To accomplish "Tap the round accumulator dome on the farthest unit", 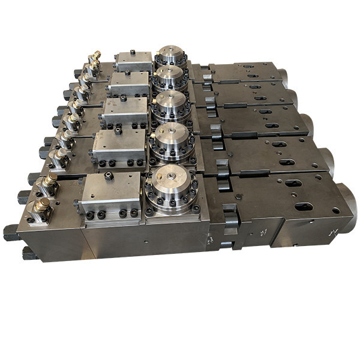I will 170,56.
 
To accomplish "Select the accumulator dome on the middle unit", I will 170,105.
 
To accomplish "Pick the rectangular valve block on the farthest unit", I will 134,60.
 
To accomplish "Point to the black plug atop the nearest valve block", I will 109,176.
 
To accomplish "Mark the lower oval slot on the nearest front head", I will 303,207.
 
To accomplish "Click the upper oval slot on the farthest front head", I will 247,66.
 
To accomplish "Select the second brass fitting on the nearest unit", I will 47,182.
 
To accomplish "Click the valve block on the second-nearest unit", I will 119,144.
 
